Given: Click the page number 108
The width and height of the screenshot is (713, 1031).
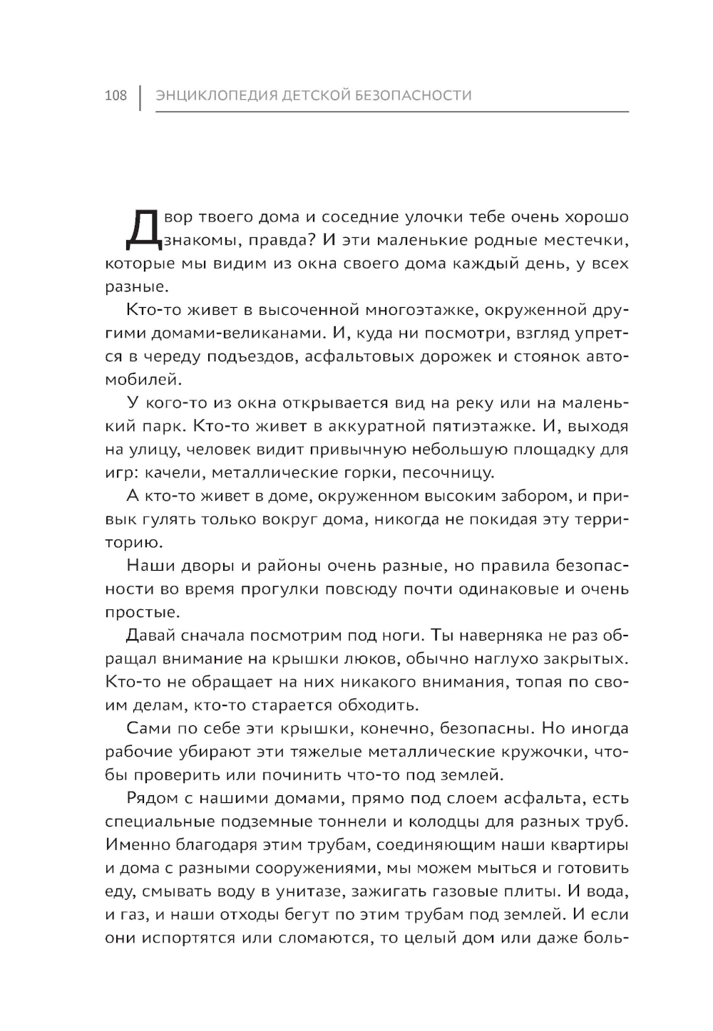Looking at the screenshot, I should coord(115,95).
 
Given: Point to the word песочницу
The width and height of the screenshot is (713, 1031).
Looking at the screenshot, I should coord(447,473).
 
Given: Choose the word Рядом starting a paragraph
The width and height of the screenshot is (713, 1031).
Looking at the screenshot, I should coord(153,798).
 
